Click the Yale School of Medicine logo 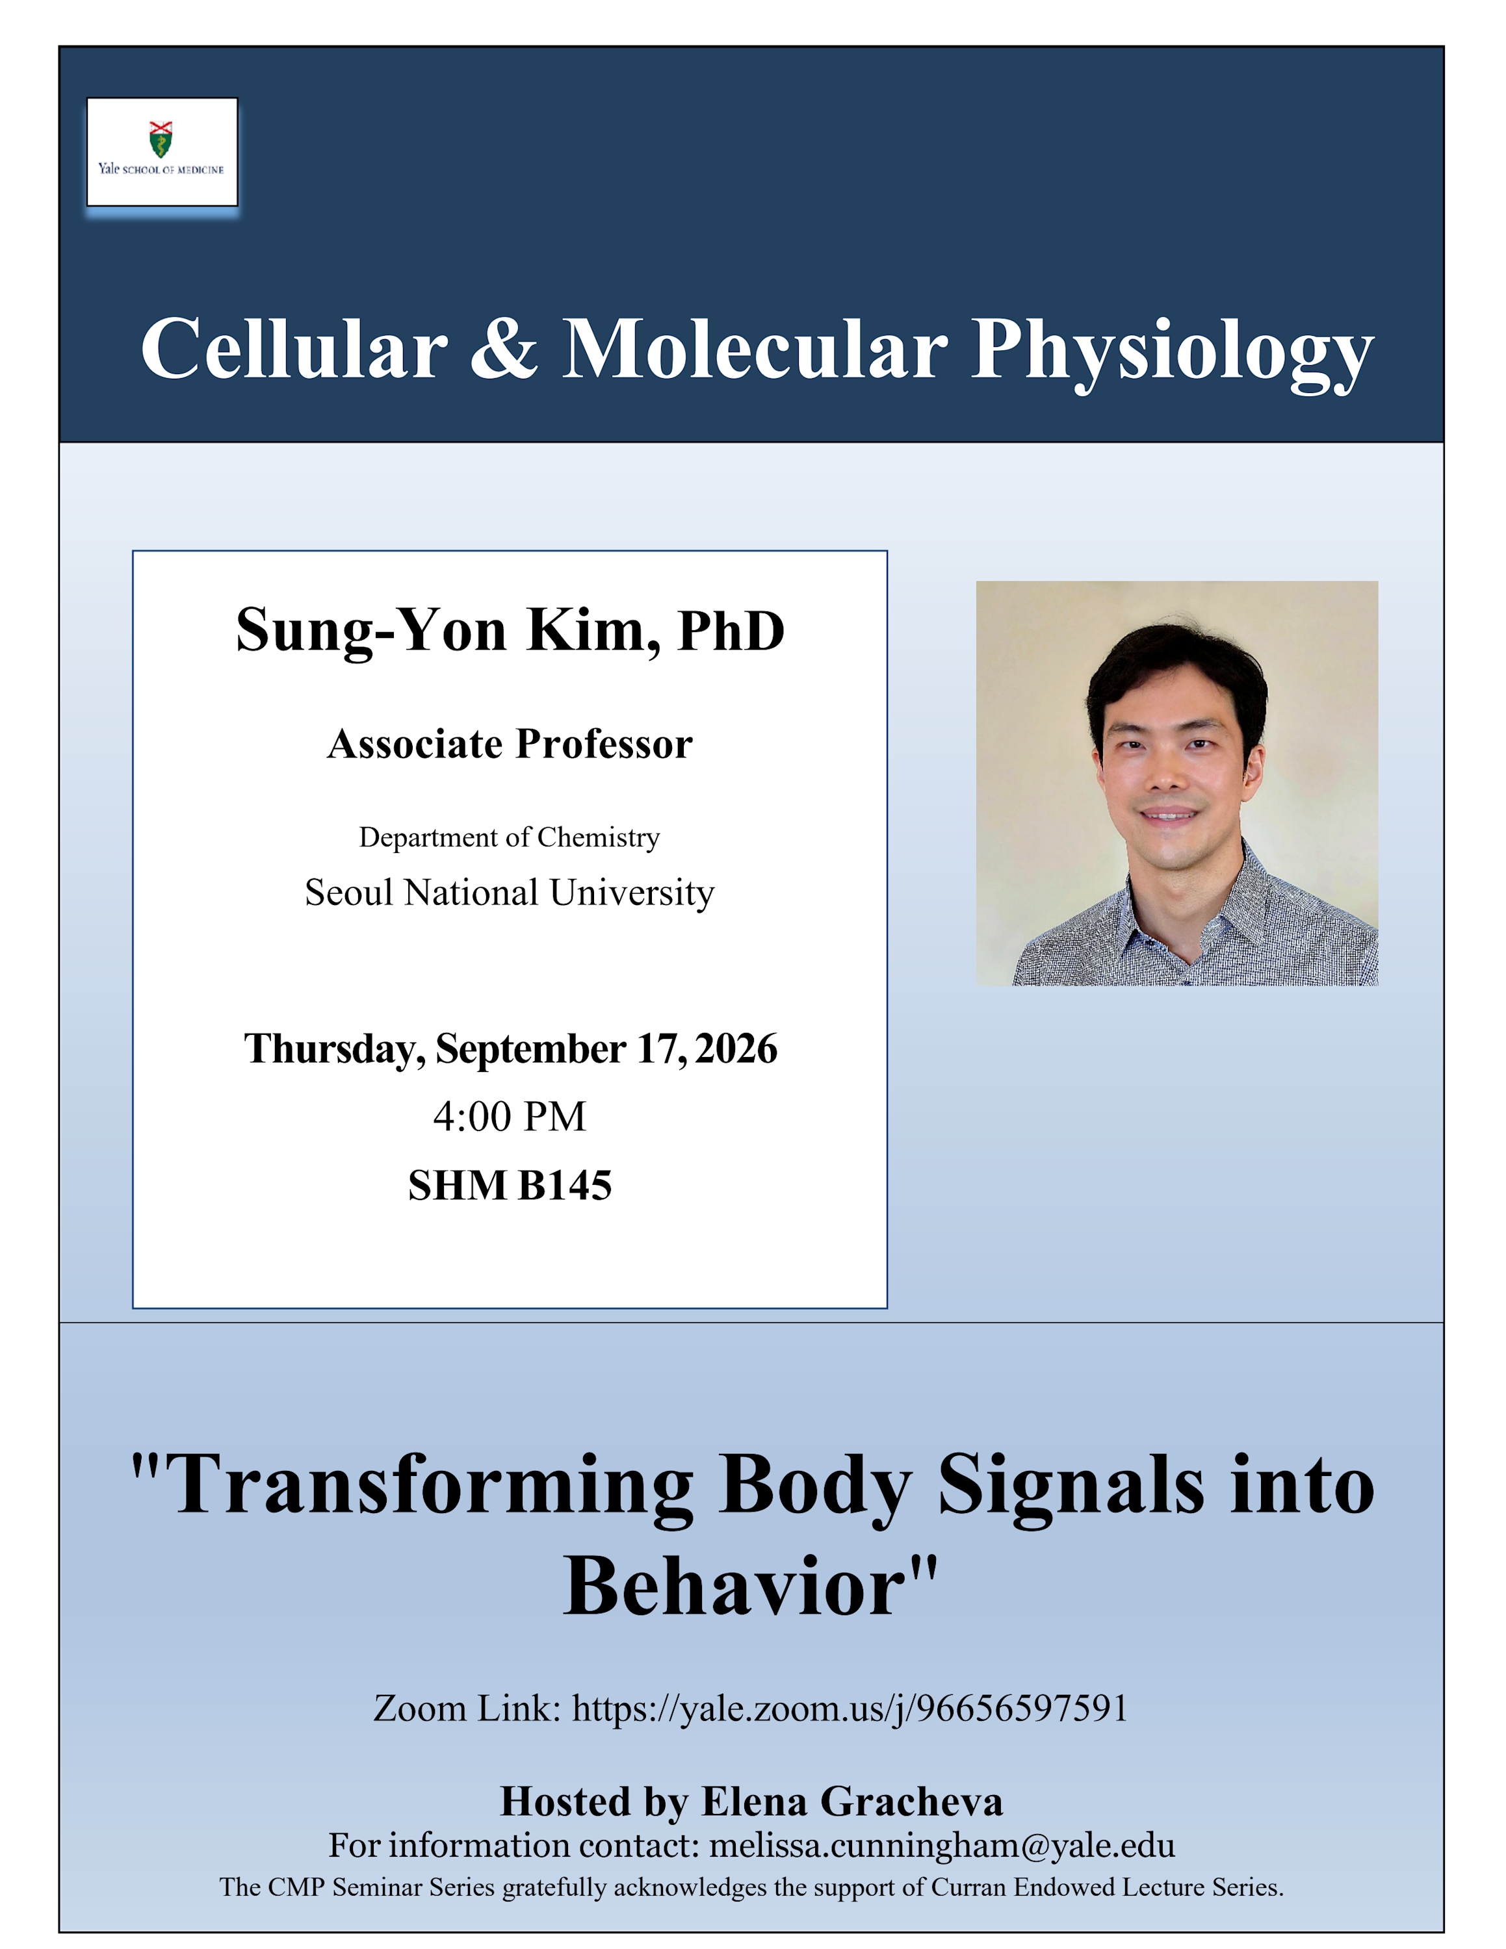point(162,152)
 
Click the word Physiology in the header point(1172,353)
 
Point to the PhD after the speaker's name point(731,631)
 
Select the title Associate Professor point(510,743)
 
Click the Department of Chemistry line point(510,837)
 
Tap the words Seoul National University point(510,893)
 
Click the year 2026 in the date point(736,1049)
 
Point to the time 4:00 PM point(510,1116)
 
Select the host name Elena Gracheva point(853,1802)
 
